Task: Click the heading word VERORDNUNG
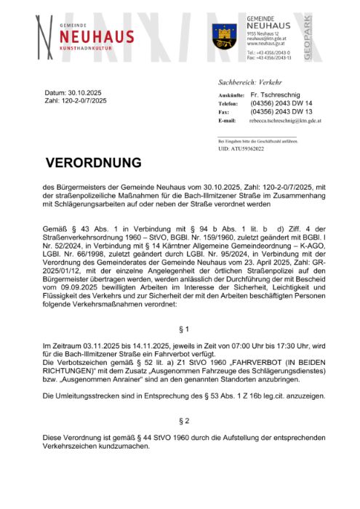pos(94,162)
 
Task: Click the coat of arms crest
pos(224,35)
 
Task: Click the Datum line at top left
pos(73,94)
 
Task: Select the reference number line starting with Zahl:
pos(76,101)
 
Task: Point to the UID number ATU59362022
pos(241,148)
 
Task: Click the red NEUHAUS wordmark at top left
pos(96,37)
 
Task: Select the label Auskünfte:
pos(229,96)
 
